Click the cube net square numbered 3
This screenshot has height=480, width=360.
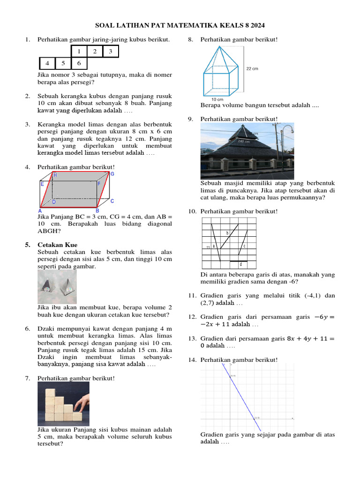(110, 52)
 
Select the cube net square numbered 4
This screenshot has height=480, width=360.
(47, 63)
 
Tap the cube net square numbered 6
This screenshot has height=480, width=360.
(79, 63)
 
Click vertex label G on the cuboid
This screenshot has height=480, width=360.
(112, 174)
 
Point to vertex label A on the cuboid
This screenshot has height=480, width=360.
(40, 211)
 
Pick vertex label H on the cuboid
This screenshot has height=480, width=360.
(55, 175)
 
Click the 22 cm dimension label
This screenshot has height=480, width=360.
(252, 68)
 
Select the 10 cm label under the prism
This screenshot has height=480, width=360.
(217, 100)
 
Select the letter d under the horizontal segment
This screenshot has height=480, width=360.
(240, 265)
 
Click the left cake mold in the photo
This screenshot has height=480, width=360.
(48, 286)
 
